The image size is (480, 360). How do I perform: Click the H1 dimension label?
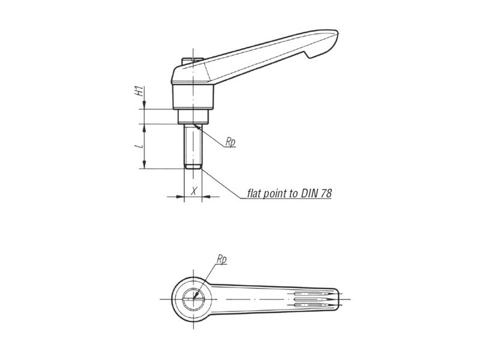coord(138,92)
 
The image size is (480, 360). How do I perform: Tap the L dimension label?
coord(138,145)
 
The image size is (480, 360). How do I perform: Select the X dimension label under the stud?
coord(193,191)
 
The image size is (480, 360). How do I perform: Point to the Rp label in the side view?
coord(230,142)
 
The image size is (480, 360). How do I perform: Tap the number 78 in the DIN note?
coord(325,193)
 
